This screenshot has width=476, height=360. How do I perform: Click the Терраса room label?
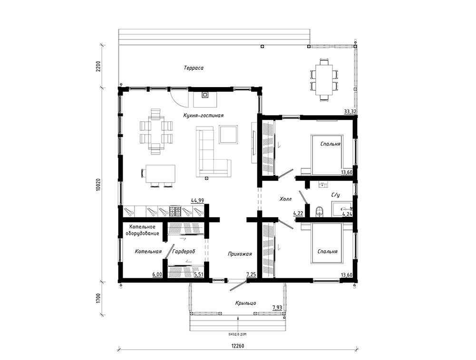coord(194,68)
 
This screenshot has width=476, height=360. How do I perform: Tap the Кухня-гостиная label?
coord(203,116)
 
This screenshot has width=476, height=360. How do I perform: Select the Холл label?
coord(285,199)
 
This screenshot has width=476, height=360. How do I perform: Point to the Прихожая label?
coord(240,254)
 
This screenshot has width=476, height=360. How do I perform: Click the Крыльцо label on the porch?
coord(245,303)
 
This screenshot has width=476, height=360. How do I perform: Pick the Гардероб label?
coord(184,252)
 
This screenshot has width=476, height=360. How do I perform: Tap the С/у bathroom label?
coord(335,196)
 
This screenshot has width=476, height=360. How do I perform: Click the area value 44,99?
coord(197,200)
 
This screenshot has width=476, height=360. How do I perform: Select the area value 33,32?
coord(350,111)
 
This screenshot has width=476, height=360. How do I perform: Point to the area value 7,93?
coord(277,308)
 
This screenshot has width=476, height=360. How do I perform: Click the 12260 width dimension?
coord(238,346)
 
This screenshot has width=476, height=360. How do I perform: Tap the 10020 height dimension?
coord(98,185)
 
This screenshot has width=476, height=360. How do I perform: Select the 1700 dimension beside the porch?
coord(98,298)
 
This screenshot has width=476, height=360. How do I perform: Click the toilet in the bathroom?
coord(319,212)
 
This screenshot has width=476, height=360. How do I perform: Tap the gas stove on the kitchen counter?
coord(175,211)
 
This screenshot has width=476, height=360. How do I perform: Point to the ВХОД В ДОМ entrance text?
coord(238,334)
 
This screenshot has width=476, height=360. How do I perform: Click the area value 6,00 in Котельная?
coord(157,275)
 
